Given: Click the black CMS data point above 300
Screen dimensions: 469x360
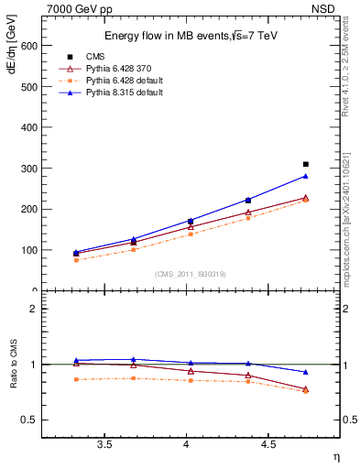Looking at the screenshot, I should click(x=306, y=164).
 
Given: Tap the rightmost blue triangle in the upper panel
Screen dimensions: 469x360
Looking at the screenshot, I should click(x=306, y=176).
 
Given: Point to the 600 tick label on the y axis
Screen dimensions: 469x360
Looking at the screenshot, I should click(x=27, y=45).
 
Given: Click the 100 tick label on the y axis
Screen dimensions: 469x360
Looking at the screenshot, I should click(x=27, y=250).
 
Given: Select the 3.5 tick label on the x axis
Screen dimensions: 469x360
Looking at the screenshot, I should click(x=104, y=445).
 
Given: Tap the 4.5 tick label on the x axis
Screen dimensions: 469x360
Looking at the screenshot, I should click(x=268, y=445).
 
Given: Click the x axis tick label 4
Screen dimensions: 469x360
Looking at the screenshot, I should click(x=187, y=445).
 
